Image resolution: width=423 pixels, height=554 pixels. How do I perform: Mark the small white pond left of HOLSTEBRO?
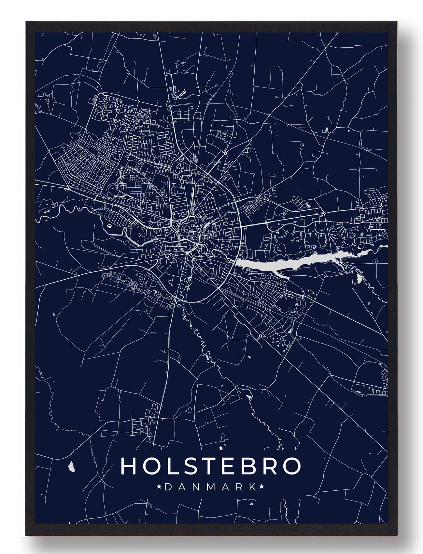click(x=72, y=467)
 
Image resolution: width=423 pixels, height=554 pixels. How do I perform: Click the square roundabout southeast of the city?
click(x=261, y=336)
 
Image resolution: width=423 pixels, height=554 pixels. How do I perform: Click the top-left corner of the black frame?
click(x=26, y=22)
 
